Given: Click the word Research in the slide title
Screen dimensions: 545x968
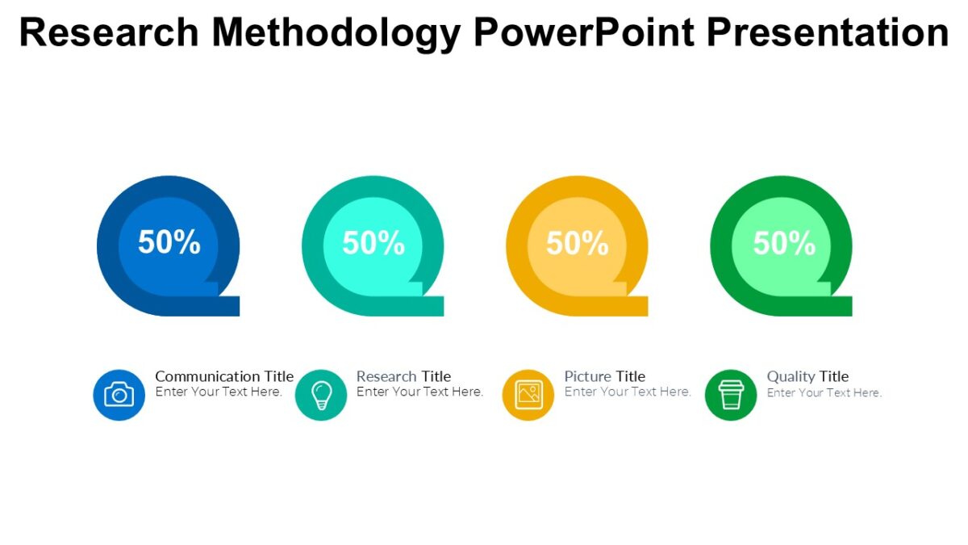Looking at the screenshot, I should tap(109, 33).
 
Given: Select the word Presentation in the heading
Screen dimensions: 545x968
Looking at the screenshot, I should tap(828, 33).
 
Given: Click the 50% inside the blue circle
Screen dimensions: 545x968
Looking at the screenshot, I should tap(169, 242).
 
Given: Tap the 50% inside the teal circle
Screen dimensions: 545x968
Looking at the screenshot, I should tap(373, 242).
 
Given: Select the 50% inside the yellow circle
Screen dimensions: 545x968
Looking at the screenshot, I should tap(578, 242).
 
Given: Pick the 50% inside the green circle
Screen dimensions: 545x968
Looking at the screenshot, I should tap(783, 242).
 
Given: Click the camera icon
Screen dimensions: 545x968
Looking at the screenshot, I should tap(119, 395).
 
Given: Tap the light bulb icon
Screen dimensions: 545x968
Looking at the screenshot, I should tap(321, 395).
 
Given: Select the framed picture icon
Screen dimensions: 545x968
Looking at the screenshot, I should tap(528, 394).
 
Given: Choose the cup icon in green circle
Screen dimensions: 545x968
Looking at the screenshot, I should tap(731, 395).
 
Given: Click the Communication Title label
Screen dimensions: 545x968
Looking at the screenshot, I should tap(224, 376).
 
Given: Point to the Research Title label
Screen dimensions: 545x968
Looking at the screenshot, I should tap(403, 376).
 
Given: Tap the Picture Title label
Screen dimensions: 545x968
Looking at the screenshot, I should tap(604, 376).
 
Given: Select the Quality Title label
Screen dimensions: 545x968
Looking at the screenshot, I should tap(807, 376).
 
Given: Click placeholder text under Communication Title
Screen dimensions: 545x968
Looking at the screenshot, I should tap(219, 392).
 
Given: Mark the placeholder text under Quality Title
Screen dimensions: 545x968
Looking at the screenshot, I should tap(824, 393).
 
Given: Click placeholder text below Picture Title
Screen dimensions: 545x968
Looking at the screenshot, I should tap(628, 392).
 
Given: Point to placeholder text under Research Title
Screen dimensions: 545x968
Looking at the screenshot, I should tap(419, 392).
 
